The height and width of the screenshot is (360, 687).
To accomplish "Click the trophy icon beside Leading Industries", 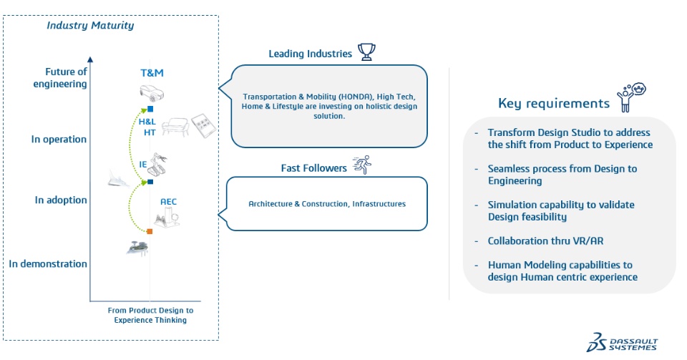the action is pyautogui.click(x=366, y=52).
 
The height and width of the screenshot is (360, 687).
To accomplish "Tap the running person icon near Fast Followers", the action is pyautogui.click(x=362, y=165).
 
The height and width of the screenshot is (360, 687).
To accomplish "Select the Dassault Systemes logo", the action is pyautogui.click(x=622, y=342).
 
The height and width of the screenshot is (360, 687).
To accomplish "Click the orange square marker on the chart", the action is pyautogui.click(x=150, y=231).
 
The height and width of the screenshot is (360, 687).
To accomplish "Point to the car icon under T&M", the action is pyautogui.click(x=152, y=93).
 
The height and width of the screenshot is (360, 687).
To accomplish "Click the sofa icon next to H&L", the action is pyautogui.click(x=175, y=127).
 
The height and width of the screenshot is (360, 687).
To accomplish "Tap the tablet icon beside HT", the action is pyautogui.click(x=204, y=126).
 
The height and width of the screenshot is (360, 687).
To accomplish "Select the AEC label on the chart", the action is pyautogui.click(x=168, y=201).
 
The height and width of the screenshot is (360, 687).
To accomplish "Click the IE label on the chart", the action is pyautogui.click(x=143, y=164).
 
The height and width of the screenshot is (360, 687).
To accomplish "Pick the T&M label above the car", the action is pyautogui.click(x=152, y=73).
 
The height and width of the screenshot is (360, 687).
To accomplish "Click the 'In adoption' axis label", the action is pyautogui.click(x=61, y=200).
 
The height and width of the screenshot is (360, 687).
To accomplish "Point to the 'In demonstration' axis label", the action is pyautogui.click(x=48, y=263).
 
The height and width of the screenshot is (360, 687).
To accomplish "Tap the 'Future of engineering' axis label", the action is pyautogui.click(x=60, y=77).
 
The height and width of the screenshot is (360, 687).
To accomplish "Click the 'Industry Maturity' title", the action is pyautogui.click(x=90, y=25).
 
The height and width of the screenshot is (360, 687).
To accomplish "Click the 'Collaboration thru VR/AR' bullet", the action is pyautogui.click(x=545, y=241).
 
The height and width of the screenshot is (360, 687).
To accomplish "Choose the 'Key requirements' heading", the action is pyautogui.click(x=554, y=103).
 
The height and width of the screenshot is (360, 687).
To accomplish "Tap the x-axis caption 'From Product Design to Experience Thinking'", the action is pyautogui.click(x=150, y=315).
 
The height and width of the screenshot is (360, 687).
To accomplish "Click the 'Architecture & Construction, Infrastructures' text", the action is pyautogui.click(x=327, y=204).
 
